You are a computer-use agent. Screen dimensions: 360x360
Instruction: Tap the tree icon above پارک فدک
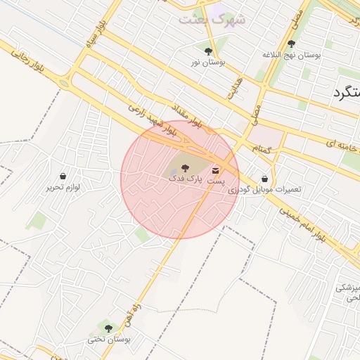[x=185, y=168]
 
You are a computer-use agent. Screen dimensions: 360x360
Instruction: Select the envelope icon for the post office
[x=215, y=169]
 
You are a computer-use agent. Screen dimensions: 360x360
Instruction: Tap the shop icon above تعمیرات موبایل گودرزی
[x=264, y=179]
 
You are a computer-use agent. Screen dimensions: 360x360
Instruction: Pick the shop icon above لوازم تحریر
[x=64, y=176]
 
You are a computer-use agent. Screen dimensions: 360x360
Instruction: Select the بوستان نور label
[x=207, y=63]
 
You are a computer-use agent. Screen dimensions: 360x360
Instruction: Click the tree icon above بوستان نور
[x=208, y=51]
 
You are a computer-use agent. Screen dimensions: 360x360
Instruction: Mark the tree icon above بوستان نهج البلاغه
[x=291, y=44]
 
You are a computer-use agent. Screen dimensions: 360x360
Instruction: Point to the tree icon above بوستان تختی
[x=108, y=328]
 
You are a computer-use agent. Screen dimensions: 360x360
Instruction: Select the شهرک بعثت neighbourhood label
[x=212, y=19]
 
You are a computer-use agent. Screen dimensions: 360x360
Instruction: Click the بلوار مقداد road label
[x=187, y=115]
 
